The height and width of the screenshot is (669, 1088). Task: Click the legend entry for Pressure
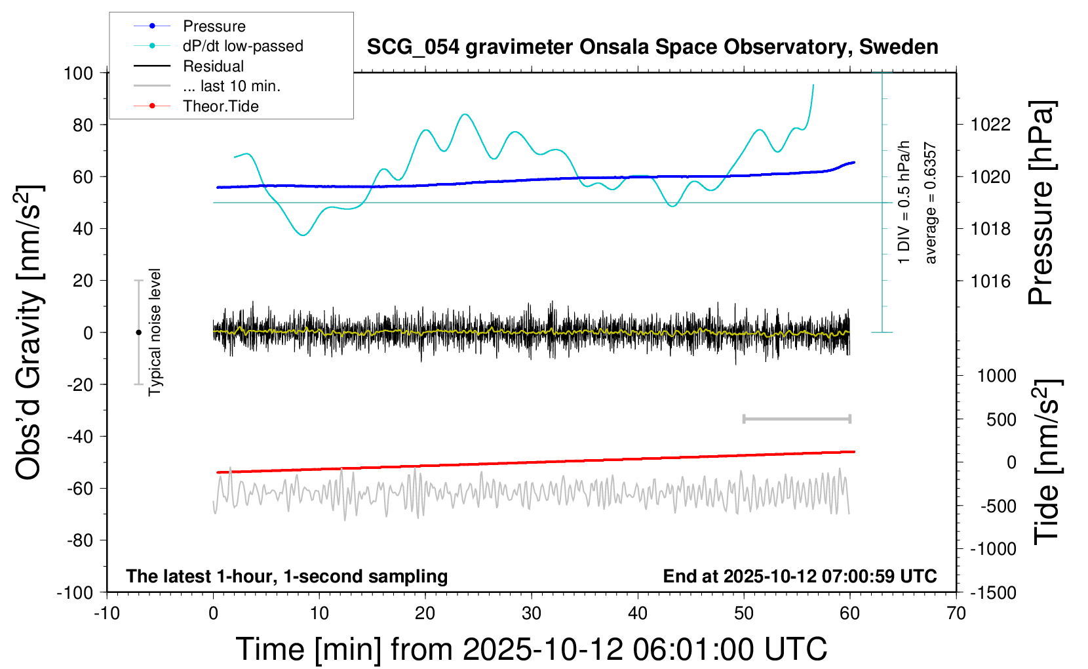(214, 26)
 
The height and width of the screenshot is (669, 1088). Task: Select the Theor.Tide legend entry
(220, 106)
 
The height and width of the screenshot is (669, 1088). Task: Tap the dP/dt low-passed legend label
(243, 46)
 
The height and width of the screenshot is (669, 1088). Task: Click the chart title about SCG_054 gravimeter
(652, 47)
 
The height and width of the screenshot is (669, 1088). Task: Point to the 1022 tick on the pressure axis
(990, 125)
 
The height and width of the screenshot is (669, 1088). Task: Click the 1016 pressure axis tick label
(990, 281)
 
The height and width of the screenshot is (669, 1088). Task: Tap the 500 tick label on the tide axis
(1001, 420)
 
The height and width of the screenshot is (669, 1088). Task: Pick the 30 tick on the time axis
(532, 614)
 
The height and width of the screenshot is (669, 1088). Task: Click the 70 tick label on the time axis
(956, 614)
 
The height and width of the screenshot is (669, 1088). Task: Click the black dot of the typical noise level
(138, 333)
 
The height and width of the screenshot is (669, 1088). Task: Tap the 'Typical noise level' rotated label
(155, 333)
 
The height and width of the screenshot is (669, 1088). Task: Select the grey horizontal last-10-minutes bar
(796, 418)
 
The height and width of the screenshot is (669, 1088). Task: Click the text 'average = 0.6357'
(931, 203)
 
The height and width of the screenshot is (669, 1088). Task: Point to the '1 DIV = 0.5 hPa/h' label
(904, 202)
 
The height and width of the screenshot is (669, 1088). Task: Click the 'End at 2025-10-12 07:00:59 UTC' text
(800, 577)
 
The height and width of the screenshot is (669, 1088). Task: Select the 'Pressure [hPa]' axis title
(1041, 203)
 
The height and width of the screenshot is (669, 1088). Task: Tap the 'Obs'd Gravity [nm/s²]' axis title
(29, 333)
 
